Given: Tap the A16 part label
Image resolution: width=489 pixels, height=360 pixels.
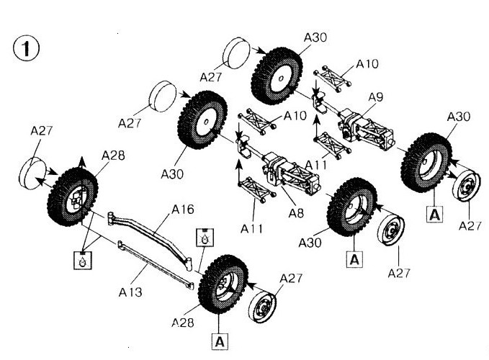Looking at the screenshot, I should pos(183,210).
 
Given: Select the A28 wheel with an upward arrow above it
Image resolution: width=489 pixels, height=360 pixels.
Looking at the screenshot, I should pos(76,199).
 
